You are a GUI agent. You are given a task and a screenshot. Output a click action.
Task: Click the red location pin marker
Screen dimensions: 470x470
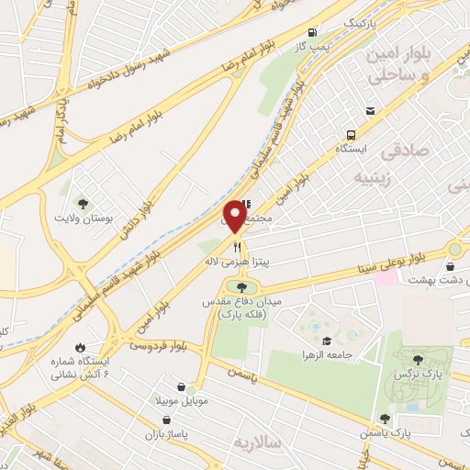tap(235, 217)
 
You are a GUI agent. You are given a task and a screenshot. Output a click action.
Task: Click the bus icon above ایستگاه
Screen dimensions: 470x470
tap(369, 111)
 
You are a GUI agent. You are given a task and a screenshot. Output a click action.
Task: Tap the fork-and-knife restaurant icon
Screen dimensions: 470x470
tap(237, 246)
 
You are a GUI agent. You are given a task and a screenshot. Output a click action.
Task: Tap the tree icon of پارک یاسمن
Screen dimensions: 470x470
tap(385, 418)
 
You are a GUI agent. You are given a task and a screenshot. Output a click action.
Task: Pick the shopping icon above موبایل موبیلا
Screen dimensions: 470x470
tap(189, 387)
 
